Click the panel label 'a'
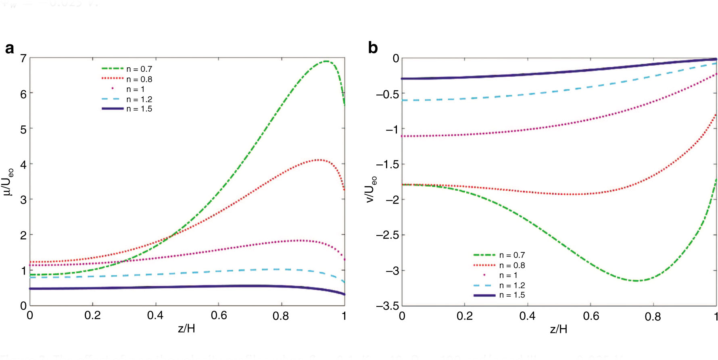tap(9, 48)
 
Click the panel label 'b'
tap(373, 48)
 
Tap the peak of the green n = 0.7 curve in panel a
tap(326, 61)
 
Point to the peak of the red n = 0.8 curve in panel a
tap(319, 160)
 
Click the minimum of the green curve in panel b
tap(637, 281)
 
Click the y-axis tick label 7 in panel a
tap(23, 58)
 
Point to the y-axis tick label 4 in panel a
tap(23, 164)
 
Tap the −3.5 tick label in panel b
tap(387, 306)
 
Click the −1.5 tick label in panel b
tap(387, 164)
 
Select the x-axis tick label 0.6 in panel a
tap(219, 316)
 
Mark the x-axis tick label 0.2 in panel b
tap(465, 316)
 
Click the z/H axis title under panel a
tap(186, 329)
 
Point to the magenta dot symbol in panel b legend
tap(484, 275)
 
